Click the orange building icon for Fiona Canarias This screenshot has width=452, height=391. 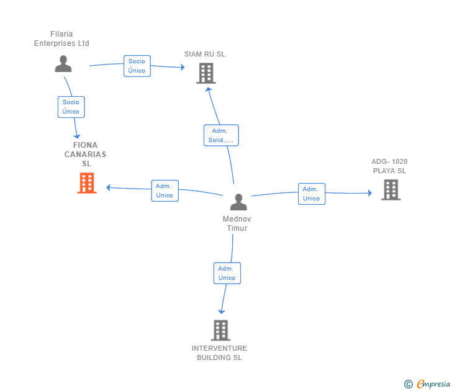click(87, 183)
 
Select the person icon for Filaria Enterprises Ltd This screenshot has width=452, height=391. click(63, 64)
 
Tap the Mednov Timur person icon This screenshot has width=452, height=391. click(238, 202)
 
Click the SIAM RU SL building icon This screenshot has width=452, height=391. click(206, 73)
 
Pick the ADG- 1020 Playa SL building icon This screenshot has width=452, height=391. click(391, 190)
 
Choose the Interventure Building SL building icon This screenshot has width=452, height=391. click(221, 330)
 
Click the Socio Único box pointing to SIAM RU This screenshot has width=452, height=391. click(137, 66)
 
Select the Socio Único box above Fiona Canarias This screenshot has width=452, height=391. click(71, 107)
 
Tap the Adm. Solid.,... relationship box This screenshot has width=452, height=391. click(221, 135)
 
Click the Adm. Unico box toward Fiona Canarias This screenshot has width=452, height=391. click(165, 191)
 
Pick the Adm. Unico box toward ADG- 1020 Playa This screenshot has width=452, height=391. click(312, 194)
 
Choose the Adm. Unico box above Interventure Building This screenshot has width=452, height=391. click(227, 273)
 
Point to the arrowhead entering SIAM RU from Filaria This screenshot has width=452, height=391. click(183, 68)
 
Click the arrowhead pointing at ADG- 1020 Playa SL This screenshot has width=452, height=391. click(370, 193)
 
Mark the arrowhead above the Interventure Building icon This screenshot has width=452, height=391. click(222, 312)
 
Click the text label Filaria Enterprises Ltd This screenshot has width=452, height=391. click(61, 38)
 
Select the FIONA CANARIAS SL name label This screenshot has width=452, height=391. click(85, 154)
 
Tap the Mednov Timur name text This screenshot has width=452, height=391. click(237, 223)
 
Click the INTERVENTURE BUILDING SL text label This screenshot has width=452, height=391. click(219, 353)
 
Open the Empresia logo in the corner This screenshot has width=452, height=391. click(427, 384)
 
